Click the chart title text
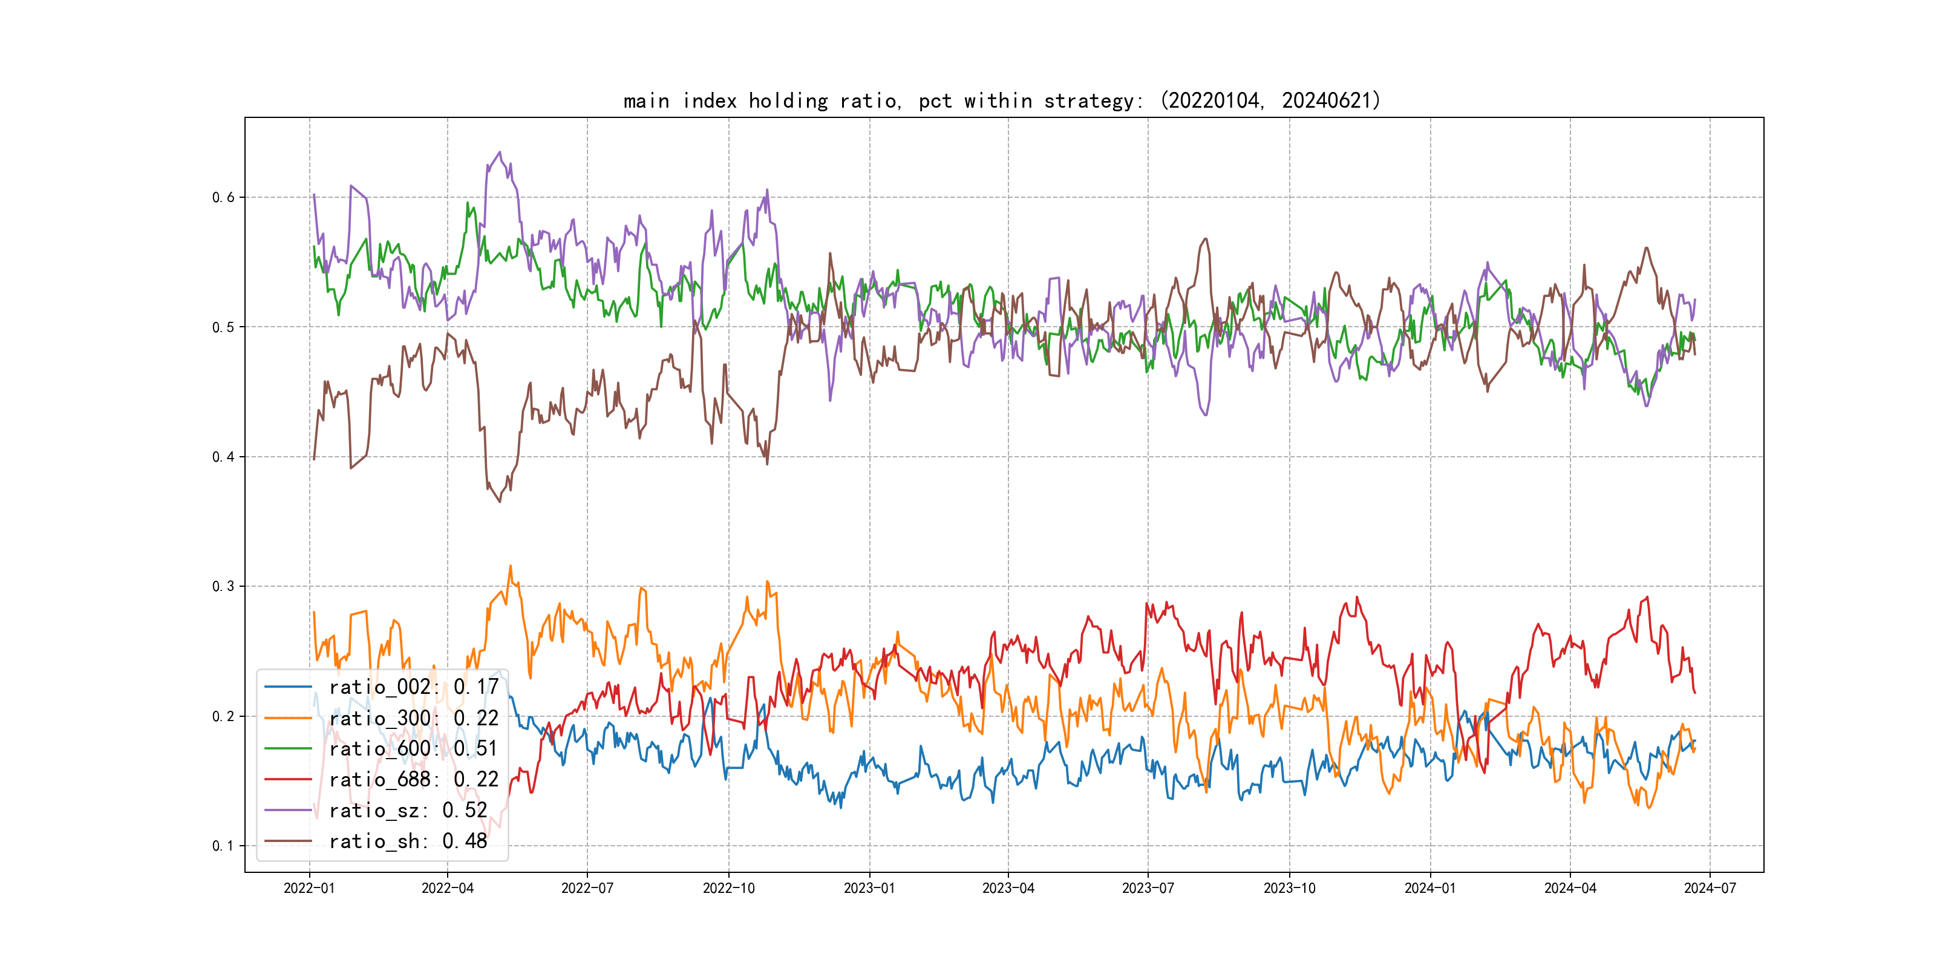[1001, 100]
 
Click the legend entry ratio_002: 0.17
[413, 687]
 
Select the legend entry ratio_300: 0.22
[413, 718]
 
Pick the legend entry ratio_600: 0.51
[413, 749]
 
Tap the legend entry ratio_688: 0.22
[413, 780]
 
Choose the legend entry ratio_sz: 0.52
[408, 811]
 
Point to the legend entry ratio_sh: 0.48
[408, 841]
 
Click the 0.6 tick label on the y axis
[223, 198]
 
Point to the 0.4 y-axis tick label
[223, 457]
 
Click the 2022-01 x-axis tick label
[309, 889]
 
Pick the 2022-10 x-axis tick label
[728, 889]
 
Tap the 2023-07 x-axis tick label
[1148, 889]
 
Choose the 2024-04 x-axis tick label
[1570, 889]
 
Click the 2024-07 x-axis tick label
[1710, 889]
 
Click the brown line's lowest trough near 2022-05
[500, 501]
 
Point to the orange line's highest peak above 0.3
[511, 566]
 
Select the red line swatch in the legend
[287, 780]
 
